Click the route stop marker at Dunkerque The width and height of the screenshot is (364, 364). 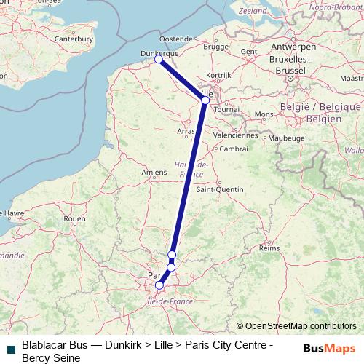[x=159, y=60]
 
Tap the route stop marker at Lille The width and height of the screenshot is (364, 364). [x=205, y=100]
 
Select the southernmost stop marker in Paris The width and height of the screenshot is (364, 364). [x=159, y=285]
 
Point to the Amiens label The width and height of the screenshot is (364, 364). [x=154, y=172]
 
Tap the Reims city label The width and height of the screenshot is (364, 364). [x=269, y=248]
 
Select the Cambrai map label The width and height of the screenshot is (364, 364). [x=234, y=149]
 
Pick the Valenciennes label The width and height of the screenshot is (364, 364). [x=236, y=135]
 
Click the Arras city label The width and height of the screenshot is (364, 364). [x=186, y=131]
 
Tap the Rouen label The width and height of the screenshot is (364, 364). [x=75, y=218]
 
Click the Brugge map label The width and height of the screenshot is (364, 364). [x=216, y=46]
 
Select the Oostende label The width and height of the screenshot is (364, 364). [x=176, y=39]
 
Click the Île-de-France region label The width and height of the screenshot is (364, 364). [x=170, y=300]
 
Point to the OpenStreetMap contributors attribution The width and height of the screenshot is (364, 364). [x=296, y=326]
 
